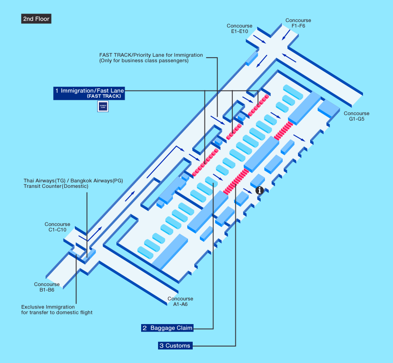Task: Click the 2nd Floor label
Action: pyautogui.click(x=36, y=19)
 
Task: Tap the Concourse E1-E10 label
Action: pyautogui.click(x=239, y=29)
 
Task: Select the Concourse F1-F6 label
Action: pyautogui.click(x=298, y=23)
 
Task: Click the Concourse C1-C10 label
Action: pyautogui.click(x=57, y=227)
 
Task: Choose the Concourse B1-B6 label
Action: pyautogui.click(x=47, y=287)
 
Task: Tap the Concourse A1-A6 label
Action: pyautogui.click(x=180, y=302)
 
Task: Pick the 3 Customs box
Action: pyautogui.click(x=175, y=346)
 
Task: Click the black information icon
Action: pyautogui.click(x=260, y=190)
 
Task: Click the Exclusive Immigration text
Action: pyautogui.click(x=48, y=307)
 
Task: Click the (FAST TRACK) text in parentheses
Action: pyautogui.click(x=104, y=96)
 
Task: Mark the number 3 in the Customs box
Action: pyautogui.click(x=161, y=346)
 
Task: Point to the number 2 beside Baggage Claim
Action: pyautogui.click(x=145, y=328)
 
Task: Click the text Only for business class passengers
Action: pyautogui.click(x=144, y=60)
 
